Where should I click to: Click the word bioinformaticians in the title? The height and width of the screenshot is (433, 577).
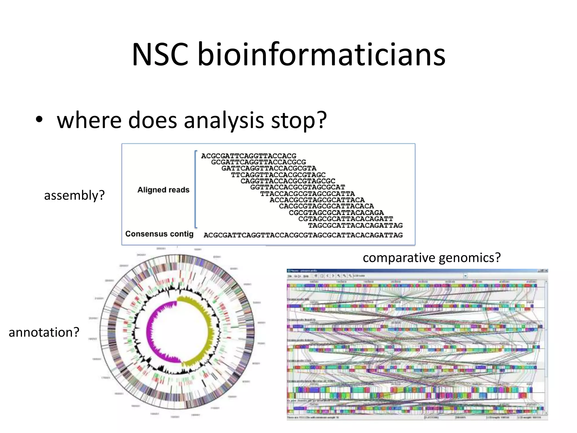(321, 54)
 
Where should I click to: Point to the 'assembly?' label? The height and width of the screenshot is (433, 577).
(74, 195)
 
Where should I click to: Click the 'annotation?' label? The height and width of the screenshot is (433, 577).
(44, 332)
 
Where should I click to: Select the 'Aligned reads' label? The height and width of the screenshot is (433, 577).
(163, 190)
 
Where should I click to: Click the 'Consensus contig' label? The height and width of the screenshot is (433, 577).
(159, 234)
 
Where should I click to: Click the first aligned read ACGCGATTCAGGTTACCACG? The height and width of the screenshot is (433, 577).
(248, 156)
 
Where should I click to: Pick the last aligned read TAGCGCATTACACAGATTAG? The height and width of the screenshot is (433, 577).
(355, 226)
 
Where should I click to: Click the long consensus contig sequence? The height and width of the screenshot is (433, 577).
(303, 235)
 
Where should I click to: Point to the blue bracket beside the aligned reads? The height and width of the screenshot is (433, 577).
(196, 189)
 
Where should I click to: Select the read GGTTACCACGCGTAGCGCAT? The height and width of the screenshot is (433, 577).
(298, 187)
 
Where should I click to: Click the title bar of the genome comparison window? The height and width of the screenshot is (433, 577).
(394, 271)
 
